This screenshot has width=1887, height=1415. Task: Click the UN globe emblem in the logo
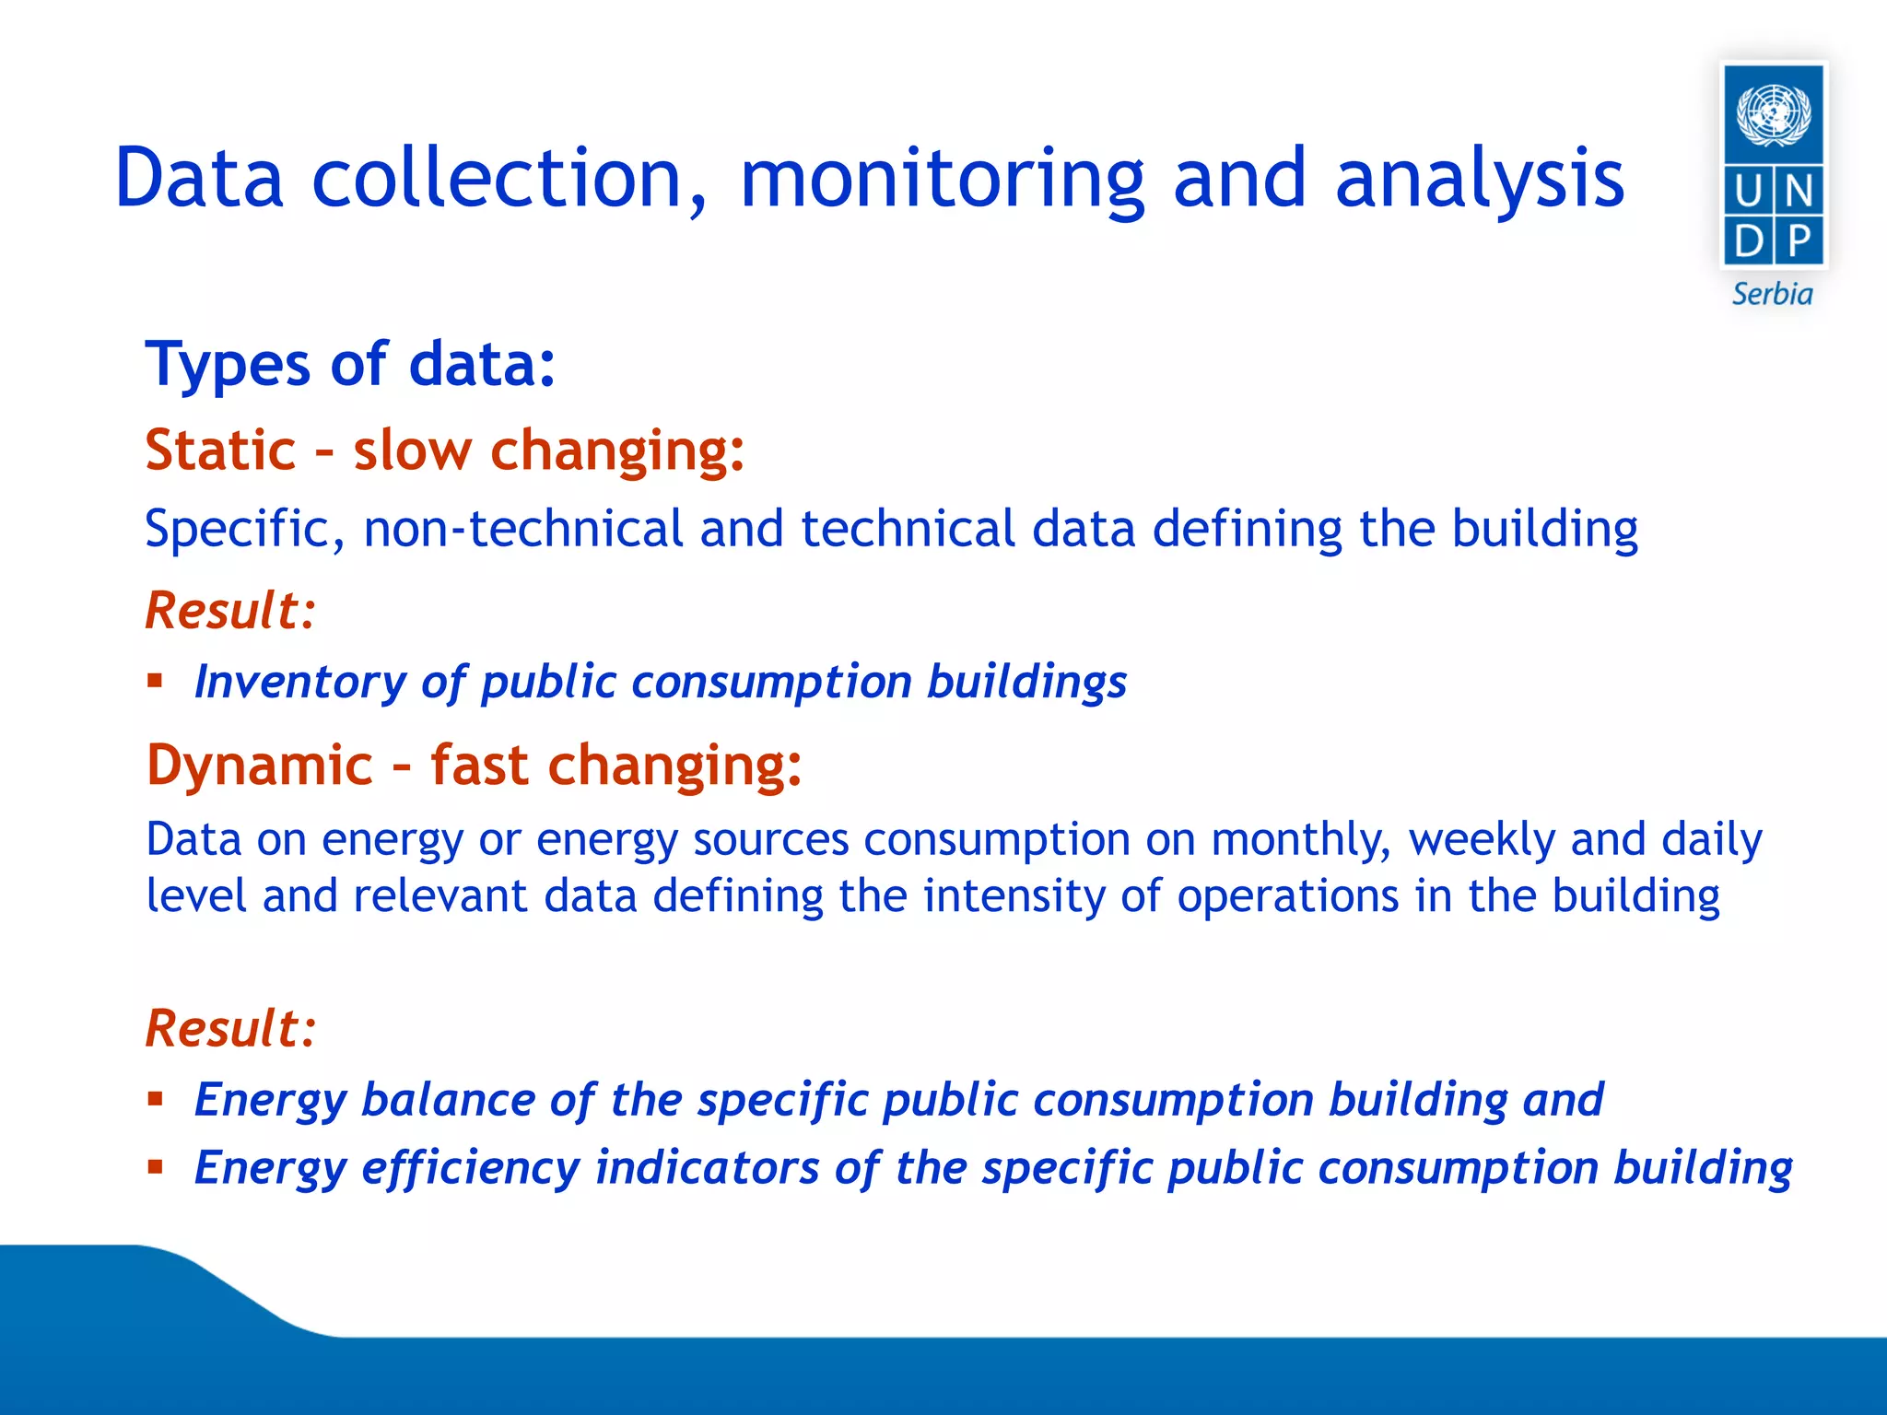coord(1773,114)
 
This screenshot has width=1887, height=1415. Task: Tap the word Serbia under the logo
coord(1772,295)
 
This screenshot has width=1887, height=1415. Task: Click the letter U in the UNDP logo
coord(1748,193)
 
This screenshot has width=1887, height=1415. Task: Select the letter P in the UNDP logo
coord(1799,242)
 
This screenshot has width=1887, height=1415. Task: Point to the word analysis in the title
coord(1480,180)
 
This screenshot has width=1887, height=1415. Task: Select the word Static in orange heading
coord(220,450)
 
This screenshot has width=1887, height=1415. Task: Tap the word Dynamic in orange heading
coord(259,766)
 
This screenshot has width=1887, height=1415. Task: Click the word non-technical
coord(522,530)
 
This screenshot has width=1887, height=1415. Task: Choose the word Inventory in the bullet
coord(299,683)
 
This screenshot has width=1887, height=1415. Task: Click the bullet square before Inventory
coord(155,682)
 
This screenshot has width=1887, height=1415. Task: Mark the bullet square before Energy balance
coord(155,1099)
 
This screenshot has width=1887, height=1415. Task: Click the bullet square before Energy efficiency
coord(155,1168)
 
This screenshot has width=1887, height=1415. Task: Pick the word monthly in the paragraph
coord(1299,840)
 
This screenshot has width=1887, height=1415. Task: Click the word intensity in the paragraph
coord(1014,896)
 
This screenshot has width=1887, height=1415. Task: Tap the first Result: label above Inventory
coord(230,611)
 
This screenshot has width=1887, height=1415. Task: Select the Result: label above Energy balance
coord(230,1028)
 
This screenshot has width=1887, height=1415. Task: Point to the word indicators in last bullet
coord(707,1168)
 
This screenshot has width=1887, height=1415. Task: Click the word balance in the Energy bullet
coord(448,1100)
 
